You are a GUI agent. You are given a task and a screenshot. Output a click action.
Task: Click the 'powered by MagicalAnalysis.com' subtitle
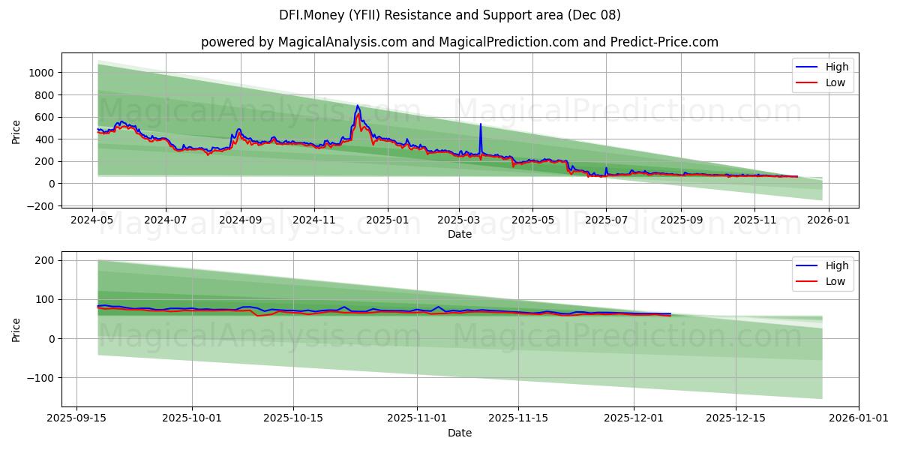[x=459, y=42]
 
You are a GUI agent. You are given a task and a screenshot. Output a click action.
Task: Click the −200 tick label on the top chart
[x=40, y=206]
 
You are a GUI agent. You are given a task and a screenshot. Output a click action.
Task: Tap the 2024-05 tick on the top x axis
[x=92, y=220]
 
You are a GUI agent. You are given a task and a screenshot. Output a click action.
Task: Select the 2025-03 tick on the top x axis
[x=459, y=220]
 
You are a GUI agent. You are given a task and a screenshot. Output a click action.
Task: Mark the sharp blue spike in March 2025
[x=481, y=124]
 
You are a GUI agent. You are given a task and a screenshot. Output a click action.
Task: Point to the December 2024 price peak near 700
[x=357, y=106]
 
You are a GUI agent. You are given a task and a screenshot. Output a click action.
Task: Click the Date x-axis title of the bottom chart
[x=459, y=433]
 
